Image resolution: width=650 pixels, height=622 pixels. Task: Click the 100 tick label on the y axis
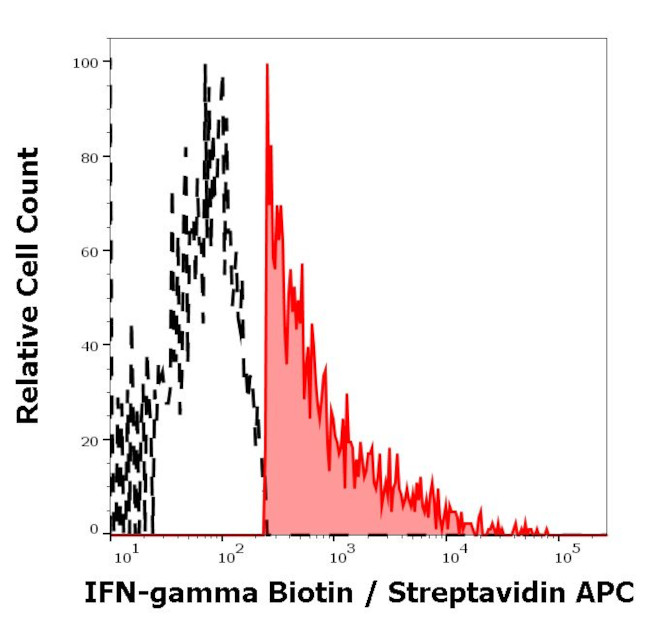(85, 62)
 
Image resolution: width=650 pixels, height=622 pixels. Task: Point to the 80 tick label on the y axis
(89, 157)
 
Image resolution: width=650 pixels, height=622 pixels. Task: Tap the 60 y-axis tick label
(89, 251)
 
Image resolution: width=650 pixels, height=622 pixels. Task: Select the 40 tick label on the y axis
(89, 346)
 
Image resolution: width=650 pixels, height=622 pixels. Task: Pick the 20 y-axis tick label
(89, 440)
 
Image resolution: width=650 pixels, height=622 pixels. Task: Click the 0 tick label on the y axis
(93, 528)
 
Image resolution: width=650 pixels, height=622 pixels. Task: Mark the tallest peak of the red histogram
(267, 66)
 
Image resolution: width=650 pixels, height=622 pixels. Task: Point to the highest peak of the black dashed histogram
(205, 67)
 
